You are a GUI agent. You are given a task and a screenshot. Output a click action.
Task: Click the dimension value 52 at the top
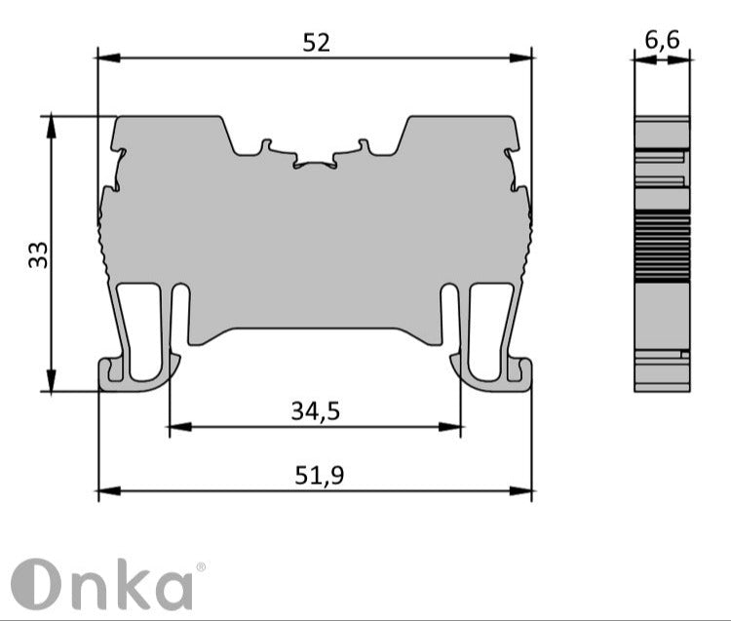click(x=317, y=42)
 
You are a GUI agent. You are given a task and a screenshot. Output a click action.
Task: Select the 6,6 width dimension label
click(x=662, y=40)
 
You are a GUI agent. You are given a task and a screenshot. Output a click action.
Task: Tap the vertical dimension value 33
click(x=37, y=254)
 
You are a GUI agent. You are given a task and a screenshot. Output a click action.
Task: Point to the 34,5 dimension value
click(x=315, y=411)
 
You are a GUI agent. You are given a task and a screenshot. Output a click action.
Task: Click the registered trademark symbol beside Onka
click(x=201, y=566)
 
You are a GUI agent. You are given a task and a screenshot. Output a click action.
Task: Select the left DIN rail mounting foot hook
click(x=136, y=374)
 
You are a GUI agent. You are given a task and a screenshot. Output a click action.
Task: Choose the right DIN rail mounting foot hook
click(x=493, y=374)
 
